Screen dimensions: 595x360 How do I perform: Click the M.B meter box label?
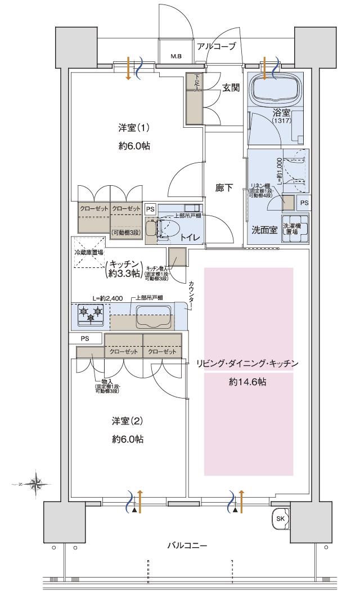click(x=176, y=57)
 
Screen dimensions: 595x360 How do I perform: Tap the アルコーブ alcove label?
click(x=216, y=46)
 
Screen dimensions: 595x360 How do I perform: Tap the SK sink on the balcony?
click(x=280, y=518)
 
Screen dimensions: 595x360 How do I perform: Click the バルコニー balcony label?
click(x=187, y=545)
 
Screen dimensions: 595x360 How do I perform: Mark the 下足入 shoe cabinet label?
click(x=197, y=83)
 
